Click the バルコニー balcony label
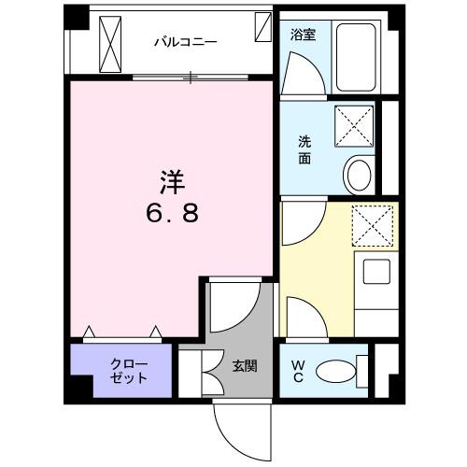(x=186, y=42)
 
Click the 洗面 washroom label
(x=305, y=149)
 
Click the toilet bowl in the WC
(x=336, y=372)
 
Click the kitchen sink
(x=378, y=274)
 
